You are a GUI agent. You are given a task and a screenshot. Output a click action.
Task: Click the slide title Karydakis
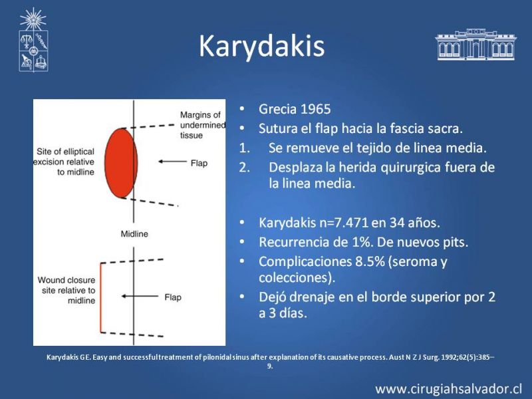tap(261, 47)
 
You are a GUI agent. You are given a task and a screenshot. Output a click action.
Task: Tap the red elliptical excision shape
tap(121, 163)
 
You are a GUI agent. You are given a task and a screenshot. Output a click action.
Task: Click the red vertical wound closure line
tap(100, 297)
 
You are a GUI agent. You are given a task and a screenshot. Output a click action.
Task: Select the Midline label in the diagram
tap(134, 234)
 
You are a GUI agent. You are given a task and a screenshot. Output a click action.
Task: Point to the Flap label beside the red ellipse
tap(199, 163)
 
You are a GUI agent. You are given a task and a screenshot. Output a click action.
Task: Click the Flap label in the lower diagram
tap(173, 297)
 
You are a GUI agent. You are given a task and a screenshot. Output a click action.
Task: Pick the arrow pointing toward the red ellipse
tap(172, 162)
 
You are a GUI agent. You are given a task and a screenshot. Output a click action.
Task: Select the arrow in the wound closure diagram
tap(140, 296)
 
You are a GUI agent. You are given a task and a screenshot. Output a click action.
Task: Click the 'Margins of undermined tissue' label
tap(203, 125)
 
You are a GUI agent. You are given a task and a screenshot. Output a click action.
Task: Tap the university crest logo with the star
tap(33, 40)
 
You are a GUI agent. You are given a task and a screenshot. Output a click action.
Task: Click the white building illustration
tap(475, 45)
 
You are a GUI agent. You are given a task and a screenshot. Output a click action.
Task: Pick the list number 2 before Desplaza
tap(244, 168)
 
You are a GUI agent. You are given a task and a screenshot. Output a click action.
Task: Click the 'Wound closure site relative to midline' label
tap(66, 290)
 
